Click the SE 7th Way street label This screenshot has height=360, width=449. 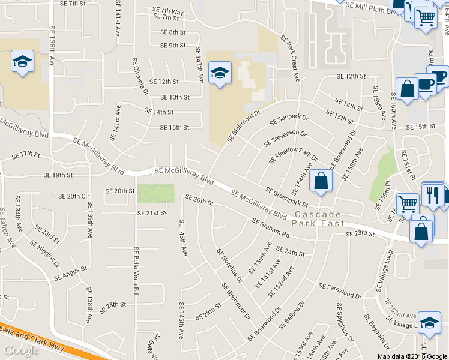click(167, 11)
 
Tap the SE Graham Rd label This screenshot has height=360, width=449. click(271, 228)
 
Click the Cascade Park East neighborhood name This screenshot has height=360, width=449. click(318, 218)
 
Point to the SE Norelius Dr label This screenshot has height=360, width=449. click(229, 266)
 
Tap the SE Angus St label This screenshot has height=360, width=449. click(71, 274)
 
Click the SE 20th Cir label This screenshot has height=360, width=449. click(74, 196)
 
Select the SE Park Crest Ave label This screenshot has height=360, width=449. click(290, 58)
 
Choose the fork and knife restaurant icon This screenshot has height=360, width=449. click(431, 194)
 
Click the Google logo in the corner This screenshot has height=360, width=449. click(21, 350)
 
